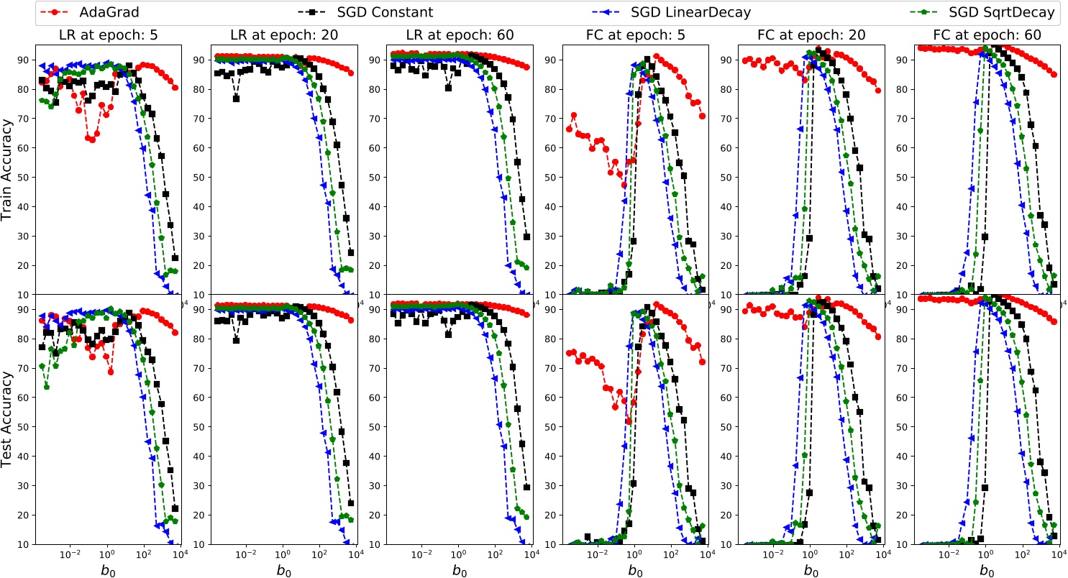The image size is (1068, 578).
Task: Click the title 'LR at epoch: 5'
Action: (106, 35)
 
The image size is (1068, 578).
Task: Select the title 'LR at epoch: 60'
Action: (457, 35)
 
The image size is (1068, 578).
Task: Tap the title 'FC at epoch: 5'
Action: (633, 35)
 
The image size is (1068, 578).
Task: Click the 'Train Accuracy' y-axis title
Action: (9, 170)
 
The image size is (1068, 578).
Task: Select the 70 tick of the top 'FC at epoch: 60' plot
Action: (903, 118)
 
